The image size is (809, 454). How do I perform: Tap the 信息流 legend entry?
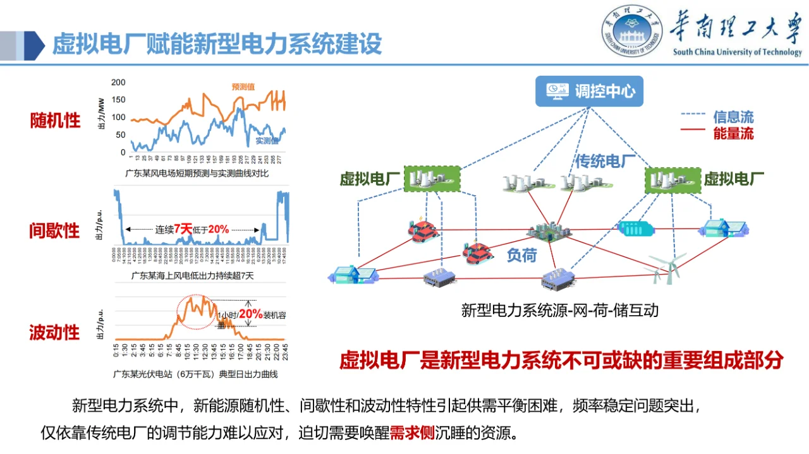click(x=733, y=117)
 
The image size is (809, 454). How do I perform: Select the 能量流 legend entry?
click(x=733, y=133)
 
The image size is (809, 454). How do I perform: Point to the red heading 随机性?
click(x=55, y=121)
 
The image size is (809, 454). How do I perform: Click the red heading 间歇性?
click(x=55, y=230)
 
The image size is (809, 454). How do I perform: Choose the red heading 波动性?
click(x=55, y=332)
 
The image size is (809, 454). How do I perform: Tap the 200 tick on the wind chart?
click(x=118, y=82)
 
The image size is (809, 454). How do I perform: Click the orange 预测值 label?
click(x=243, y=87)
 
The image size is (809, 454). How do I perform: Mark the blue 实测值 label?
click(x=267, y=141)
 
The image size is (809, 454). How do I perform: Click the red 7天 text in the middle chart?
click(x=183, y=229)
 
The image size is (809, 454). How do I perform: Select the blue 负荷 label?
click(x=521, y=254)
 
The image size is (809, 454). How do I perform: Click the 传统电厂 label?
click(x=604, y=162)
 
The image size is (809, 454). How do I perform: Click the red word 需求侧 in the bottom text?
click(x=411, y=433)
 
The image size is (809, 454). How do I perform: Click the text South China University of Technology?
click(x=737, y=52)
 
